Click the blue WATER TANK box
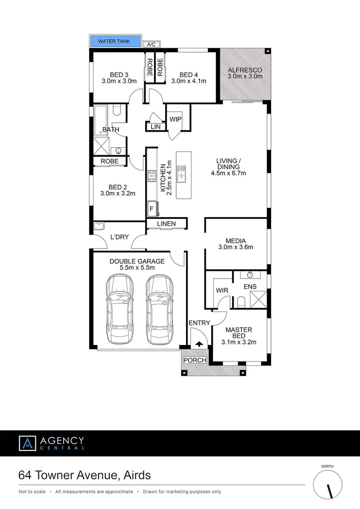tap(115, 41)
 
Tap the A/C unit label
tap(150, 44)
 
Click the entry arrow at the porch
tap(199, 343)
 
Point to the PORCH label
tap(195, 360)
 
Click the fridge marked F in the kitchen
tap(151, 209)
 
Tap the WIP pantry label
tap(175, 119)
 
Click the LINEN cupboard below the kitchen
tap(166, 224)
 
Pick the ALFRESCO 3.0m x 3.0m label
tap(245, 74)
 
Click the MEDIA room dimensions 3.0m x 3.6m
tap(236, 247)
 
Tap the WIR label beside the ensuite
tap(221, 290)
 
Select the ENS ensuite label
tap(250, 287)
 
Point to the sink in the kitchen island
tap(182, 172)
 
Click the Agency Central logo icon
tap(27, 443)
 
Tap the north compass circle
tap(328, 484)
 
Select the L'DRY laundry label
tap(120, 237)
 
